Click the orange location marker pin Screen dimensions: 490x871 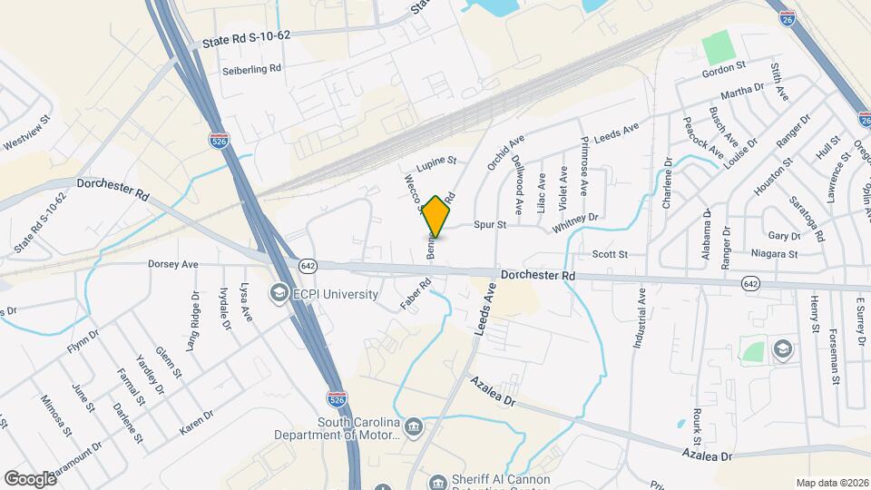436,216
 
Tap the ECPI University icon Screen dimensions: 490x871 279,294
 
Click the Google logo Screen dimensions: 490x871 30,478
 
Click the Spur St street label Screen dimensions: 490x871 488,224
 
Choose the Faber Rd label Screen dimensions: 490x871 414,295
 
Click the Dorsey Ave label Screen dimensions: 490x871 172,264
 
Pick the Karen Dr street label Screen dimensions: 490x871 196,422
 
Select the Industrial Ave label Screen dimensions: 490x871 639,319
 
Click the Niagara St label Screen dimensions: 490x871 772,254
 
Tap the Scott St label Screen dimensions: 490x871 610,255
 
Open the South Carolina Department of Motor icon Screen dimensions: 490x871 414,426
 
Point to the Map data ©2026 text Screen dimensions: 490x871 829,482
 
